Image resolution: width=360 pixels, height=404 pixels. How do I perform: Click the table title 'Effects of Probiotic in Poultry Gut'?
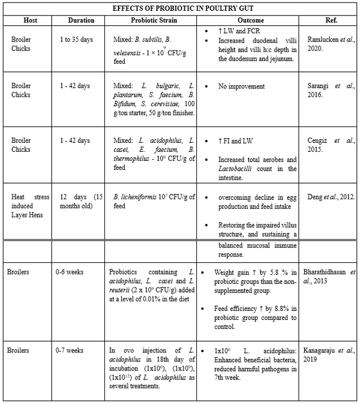(x=179, y=8)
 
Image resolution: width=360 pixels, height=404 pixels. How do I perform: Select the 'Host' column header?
(x=29, y=20)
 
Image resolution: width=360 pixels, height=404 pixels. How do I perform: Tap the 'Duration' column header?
(x=81, y=20)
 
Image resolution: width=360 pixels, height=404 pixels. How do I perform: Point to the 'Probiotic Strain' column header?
(x=152, y=20)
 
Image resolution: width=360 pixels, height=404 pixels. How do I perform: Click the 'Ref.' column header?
(x=331, y=20)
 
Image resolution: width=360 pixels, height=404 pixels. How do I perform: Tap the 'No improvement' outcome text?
(x=241, y=86)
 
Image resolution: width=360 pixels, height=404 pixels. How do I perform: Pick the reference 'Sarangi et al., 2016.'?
(x=331, y=90)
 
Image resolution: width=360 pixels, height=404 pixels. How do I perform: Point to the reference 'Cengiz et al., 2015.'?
(x=331, y=145)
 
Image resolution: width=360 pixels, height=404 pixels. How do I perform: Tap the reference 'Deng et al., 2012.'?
(x=329, y=197)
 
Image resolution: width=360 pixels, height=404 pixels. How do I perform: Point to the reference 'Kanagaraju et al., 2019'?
(x=331, y=354)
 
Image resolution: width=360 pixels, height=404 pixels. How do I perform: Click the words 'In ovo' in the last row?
(x=122, y=349)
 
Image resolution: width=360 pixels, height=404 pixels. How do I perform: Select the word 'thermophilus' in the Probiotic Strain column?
(x=134, y=159)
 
